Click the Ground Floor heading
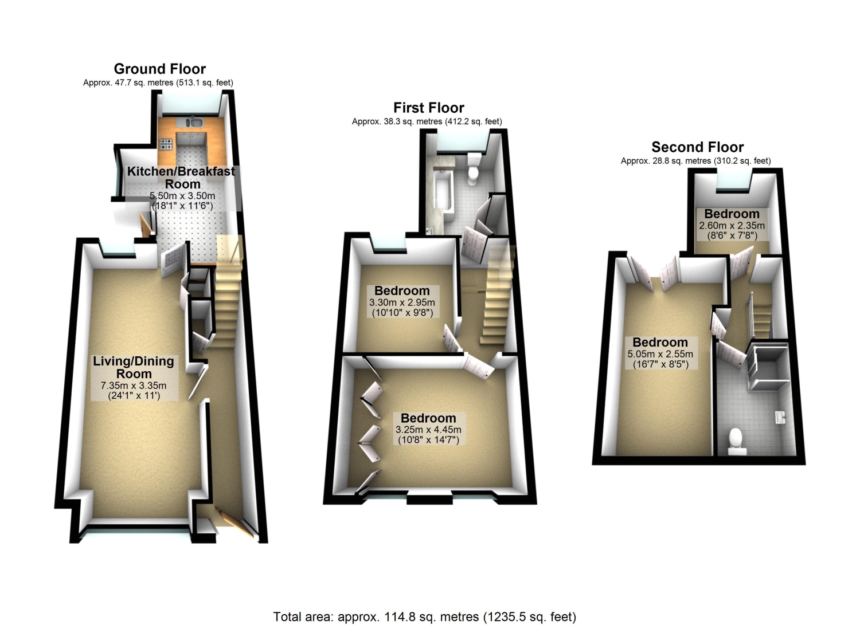pos(160,69)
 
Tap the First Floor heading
pos(428,108)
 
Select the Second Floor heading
pos(697,147)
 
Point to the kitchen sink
pos(196,123)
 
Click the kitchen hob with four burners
pos(166,144)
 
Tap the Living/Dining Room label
pos(134,367)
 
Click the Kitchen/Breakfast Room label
pos(181,177)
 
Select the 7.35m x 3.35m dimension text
pos(134,385)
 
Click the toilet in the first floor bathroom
pos(474,168)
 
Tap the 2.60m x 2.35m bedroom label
pos(732,214)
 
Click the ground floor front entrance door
pos(235,522)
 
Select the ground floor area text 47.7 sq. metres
pos(158,82)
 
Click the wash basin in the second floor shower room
pos(780,417)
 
